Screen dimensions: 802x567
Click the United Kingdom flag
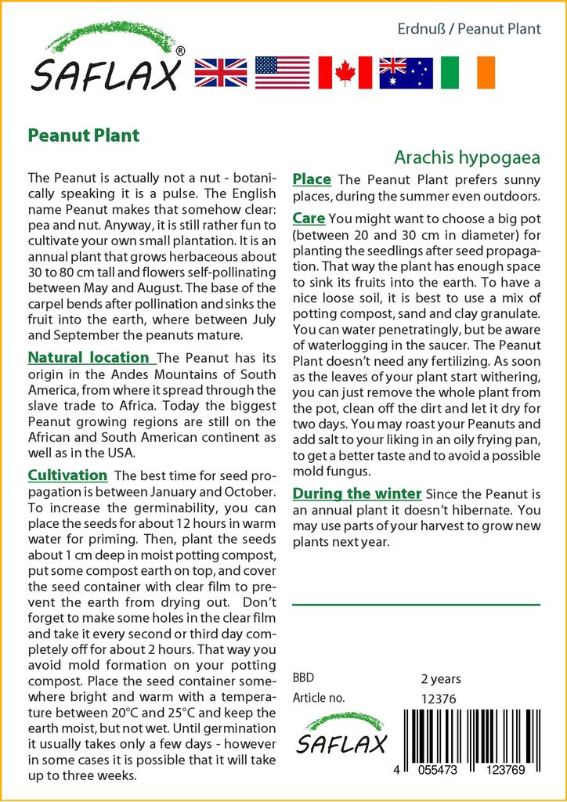coord(220,72)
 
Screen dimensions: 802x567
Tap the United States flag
coord(282,72)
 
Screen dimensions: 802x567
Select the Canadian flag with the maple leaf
coord(344,72)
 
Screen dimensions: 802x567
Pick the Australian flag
coord(406,72)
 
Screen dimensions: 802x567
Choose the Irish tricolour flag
coord(468,72)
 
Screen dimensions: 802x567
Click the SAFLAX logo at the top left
coord(107,59)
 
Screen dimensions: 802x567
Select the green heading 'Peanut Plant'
coord(83,135)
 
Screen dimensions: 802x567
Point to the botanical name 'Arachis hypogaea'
coord(467,157)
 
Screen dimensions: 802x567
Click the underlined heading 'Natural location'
coord(92,358)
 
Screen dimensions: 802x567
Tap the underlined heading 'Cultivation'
coord(67,475)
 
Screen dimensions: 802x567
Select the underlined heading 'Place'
coord(312,180)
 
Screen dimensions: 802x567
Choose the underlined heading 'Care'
coord(309,218)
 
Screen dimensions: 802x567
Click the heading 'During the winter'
coord(356,493)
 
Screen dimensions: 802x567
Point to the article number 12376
coord(439,699)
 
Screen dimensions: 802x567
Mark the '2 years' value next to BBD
coord(441,678)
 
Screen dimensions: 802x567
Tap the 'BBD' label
coord(305,678)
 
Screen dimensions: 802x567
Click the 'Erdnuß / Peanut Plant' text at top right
coord(468,29)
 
